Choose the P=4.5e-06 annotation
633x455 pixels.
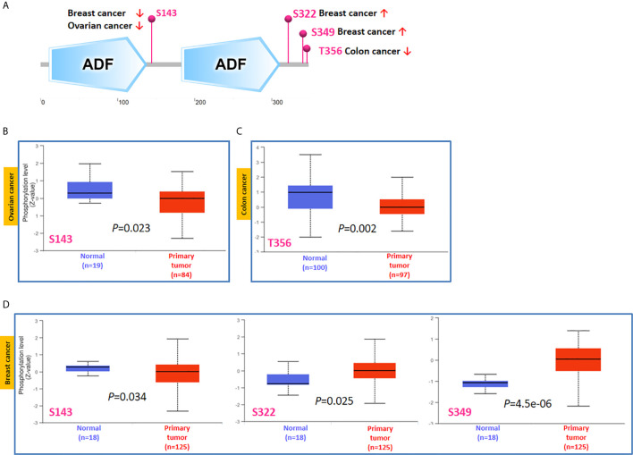click(x=527, y=403)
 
